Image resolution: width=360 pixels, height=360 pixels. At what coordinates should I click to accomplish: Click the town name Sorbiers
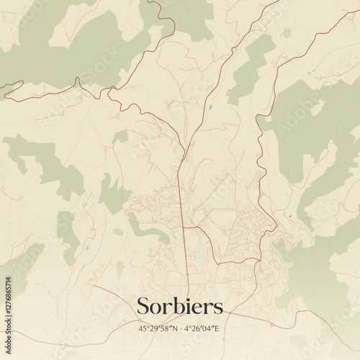[x=179, y=306]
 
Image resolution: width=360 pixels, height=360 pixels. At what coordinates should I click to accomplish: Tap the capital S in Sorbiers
[x=143, y=306]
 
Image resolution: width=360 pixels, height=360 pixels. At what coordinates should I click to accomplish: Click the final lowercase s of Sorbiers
[x=218, y=307]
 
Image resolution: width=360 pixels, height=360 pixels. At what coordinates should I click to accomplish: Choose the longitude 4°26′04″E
[x=204, y=328]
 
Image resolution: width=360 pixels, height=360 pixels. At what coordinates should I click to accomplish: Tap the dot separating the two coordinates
[x=180, y=328]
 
